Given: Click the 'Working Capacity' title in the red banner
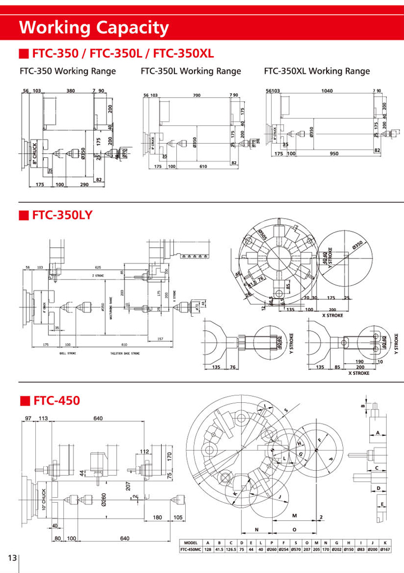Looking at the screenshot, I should pos(94,26).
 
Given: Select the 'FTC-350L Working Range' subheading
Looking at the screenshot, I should pos(191,71).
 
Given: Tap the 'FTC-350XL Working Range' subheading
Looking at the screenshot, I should pos(316,71).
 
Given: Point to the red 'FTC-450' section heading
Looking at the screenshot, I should pos(56,401).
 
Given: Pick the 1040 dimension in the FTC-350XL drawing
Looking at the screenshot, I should pos(327,90).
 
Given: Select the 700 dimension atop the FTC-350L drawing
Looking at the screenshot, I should pos(196,95).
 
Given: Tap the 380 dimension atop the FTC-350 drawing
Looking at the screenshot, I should pos(71,90).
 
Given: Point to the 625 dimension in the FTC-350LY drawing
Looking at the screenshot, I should pos(98,267).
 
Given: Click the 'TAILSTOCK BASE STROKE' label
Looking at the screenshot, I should pos(124,354).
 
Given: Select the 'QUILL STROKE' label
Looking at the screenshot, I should pos(66,354).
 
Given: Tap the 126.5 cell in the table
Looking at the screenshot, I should pos(231,549).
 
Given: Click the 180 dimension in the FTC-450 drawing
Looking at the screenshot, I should pos(157,517).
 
